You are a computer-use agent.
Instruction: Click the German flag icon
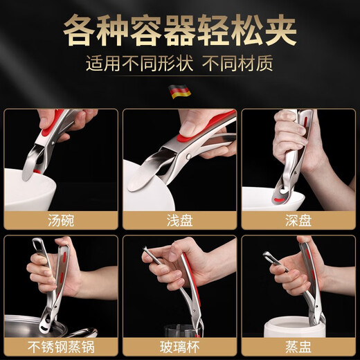180,91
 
